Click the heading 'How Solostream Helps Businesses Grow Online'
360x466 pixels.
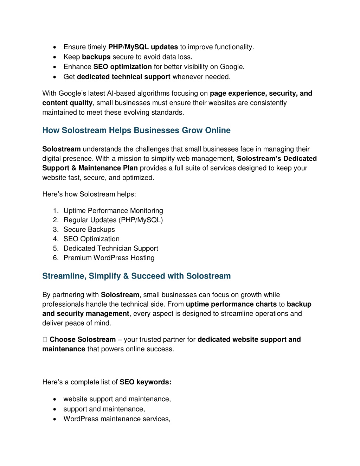(x=136, y=130)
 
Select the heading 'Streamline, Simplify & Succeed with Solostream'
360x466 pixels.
(x=136, y=276)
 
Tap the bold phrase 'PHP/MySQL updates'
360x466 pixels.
(x=143, y=47)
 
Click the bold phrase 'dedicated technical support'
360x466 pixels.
(x=124, y=77)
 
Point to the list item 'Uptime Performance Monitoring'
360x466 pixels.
(x=113, y=211)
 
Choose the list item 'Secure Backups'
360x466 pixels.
(x=89, y=230)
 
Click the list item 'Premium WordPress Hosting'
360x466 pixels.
(x=109, y=258)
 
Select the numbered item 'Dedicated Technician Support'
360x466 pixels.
(x=111, y=249)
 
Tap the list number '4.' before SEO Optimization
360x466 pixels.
(x=56, y=239)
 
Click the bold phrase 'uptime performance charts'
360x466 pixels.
(x=231, y=304)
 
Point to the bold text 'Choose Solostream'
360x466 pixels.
(x=83, y=340)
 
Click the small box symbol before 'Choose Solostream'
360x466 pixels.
(x=45, y=340)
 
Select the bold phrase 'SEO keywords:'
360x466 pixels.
(x=146, y=382)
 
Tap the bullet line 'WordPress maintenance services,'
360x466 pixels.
(x=117, y=419)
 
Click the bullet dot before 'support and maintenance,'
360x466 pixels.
(x=55, y=409)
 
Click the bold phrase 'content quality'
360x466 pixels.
(x=67, y=103)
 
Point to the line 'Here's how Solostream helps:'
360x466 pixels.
(x=89, y=194)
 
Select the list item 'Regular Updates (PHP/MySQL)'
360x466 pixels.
(x=113, y=220)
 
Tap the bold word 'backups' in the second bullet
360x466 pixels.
(x=96, y=57)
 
